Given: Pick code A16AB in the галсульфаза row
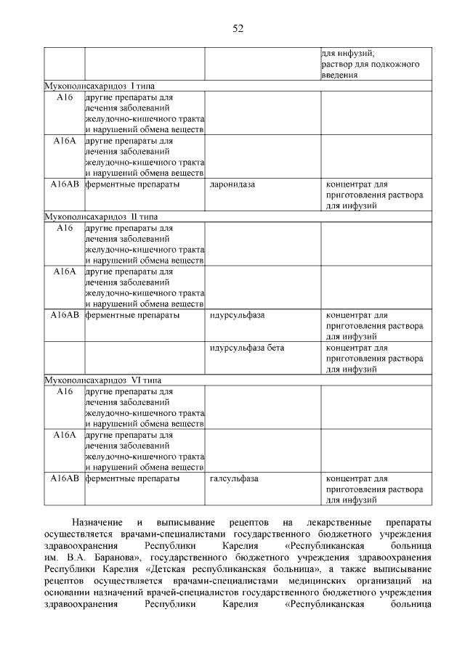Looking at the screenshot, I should point(65,479).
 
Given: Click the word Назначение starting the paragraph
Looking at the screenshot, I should point(98,523).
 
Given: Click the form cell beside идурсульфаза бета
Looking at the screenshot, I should point(376,359).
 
